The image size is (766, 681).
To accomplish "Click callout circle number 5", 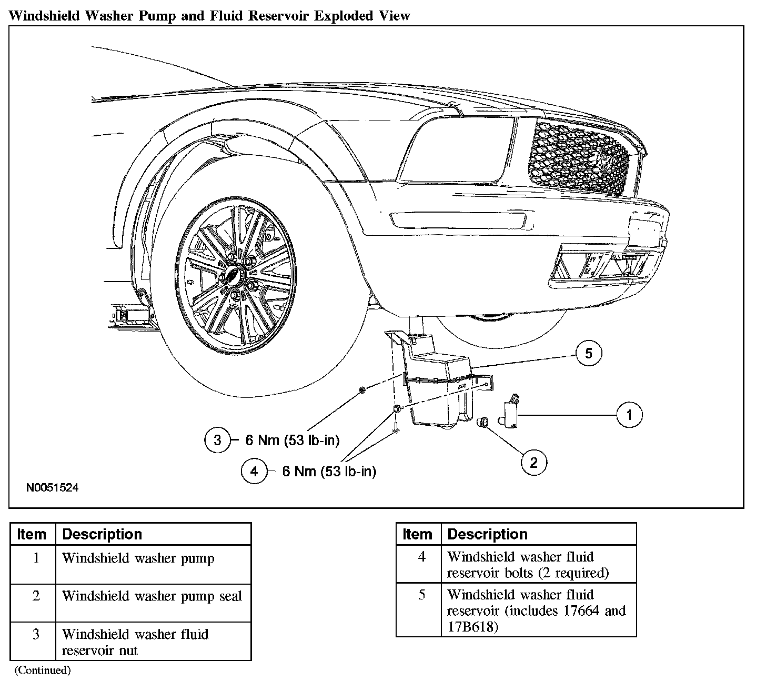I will click(589, 353).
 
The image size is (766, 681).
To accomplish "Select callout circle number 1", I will click(630, 415).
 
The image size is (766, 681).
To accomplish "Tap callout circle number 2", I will click(534, 463).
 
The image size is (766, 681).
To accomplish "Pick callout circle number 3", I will click(218, 440).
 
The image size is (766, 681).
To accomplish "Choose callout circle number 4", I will click(255, 471).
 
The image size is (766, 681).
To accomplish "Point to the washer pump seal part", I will click(482, 422).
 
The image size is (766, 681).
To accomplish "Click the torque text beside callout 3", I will click(293, 440).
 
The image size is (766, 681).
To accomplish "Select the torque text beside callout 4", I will click(329, 472).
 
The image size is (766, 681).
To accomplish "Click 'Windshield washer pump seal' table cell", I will click(152, 596).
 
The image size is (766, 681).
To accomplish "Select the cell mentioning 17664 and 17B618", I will click(536, 610).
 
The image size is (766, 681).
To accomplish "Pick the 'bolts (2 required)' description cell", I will click(528, 565).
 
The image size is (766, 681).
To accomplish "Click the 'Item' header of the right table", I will click(417, 534).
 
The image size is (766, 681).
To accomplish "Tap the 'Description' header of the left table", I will click(102, 534).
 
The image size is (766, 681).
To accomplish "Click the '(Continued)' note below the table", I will click(42, 670).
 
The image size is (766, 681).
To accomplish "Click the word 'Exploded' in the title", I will click(345, 16).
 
